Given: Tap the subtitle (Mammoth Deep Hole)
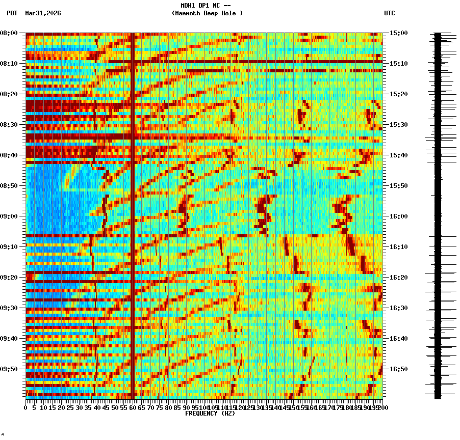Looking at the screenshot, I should [x=207, y=13].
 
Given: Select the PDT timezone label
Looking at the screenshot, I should [x=12, y=13].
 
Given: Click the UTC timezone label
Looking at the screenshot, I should [x=389, y=13].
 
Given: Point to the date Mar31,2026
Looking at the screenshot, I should [x=43, y=13].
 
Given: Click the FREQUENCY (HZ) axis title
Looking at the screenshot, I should [x=210, y=414].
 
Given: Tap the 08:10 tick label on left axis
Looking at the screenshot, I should [x=9, y=64].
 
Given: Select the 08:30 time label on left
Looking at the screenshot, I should [x=9, y=125].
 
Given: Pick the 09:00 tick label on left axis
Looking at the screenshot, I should [x=9, y=216].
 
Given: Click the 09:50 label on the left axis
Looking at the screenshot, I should [x=9, y=369].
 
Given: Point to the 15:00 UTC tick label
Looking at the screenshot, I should [x=399, y=33].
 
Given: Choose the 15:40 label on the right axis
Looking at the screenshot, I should [x=399, y=155].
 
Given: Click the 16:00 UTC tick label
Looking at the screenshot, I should [x=399, y=216].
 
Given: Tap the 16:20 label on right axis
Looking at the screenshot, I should [x=399, y=278].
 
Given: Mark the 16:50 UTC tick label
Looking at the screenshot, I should [x=399, y=369].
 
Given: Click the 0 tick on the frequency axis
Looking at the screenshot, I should [x=26, y=408].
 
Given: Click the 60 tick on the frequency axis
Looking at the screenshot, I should [x=133, y=408].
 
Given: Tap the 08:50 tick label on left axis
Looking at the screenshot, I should [x=9, y=186].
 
